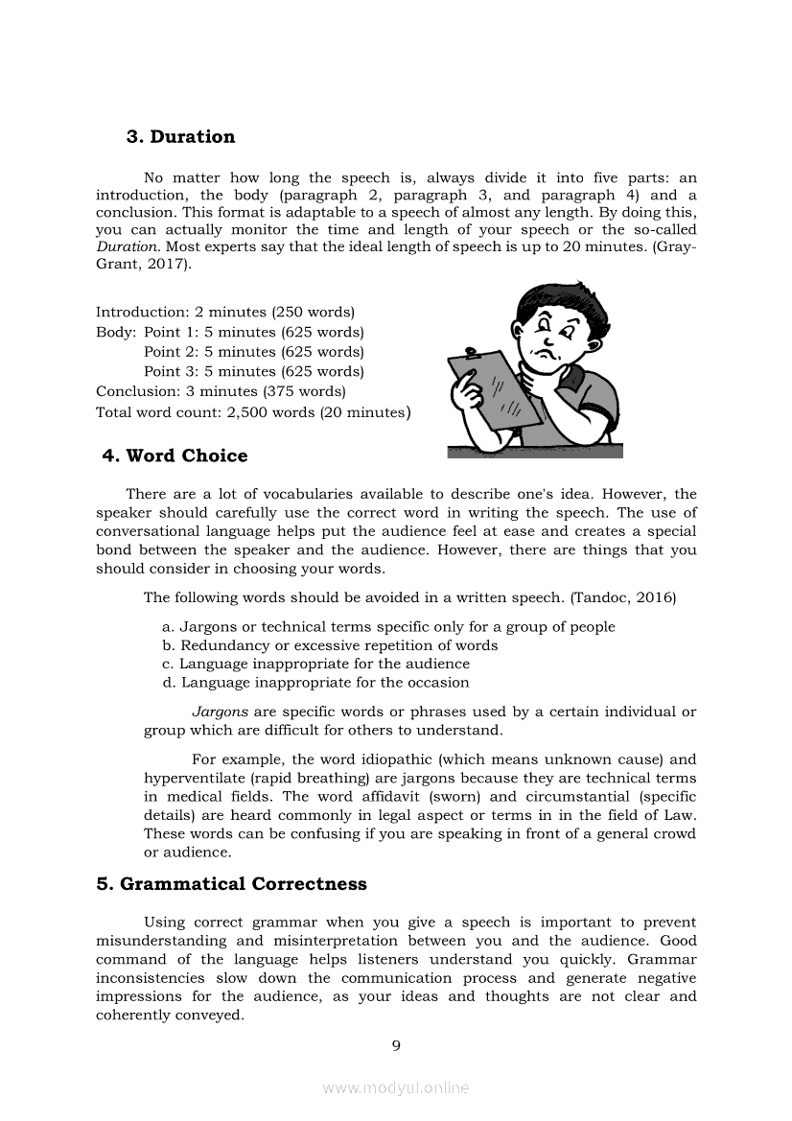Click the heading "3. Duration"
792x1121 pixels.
180,137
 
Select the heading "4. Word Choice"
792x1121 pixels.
175,455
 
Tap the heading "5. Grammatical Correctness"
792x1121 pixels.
231,884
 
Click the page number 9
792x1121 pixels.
395,1045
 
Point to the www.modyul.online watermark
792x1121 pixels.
395,1087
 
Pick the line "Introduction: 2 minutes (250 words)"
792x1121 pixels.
225,313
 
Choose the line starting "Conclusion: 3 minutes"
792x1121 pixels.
221,391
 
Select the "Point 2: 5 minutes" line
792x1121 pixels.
253,352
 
